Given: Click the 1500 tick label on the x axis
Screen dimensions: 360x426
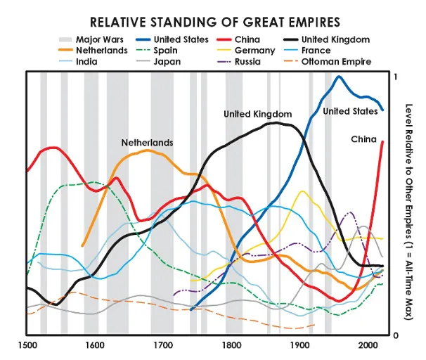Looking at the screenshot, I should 27,345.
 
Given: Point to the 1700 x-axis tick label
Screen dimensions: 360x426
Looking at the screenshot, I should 164,345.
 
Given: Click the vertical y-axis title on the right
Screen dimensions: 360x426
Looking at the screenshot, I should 410,204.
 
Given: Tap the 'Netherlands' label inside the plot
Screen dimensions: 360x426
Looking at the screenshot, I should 147,143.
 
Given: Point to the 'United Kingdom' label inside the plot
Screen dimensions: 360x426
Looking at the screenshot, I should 257,113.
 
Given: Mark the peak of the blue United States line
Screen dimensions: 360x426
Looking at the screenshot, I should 338,77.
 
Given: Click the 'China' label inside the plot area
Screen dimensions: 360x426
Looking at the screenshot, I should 364,139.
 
